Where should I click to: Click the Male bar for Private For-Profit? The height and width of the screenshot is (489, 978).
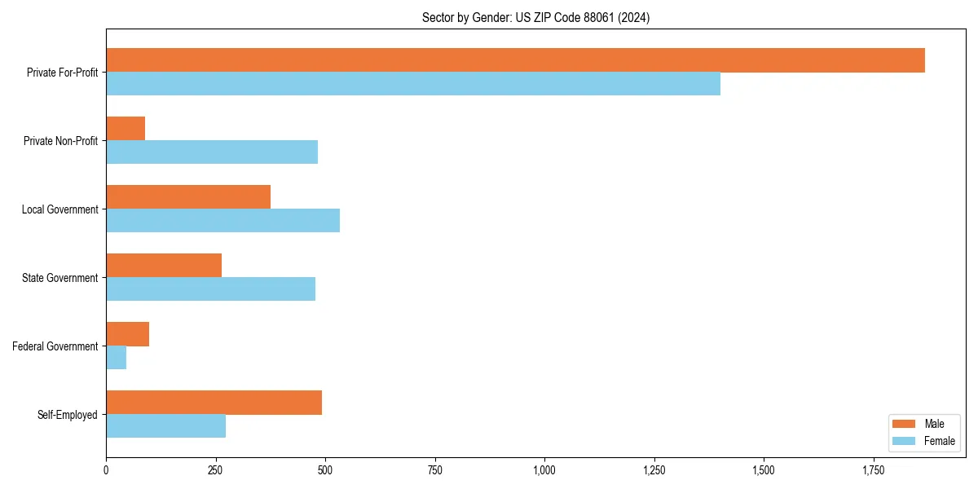tap(515, 60)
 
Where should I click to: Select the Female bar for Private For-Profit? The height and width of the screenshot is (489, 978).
tap(413, 84)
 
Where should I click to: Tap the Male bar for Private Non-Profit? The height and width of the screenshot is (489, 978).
tap(126, 129)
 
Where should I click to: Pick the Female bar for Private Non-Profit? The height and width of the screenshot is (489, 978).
tap(212, 152)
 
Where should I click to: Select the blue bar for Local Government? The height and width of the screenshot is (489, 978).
tap(222, 221)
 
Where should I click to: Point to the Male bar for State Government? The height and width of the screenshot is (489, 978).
tap(164, 266)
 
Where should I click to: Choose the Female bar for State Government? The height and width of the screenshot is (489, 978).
tap(210, 289)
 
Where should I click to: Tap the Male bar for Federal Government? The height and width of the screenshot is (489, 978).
tap(127, 334)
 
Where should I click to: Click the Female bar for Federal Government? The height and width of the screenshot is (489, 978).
tap(116, 358)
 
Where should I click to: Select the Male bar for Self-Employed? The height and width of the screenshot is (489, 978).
tap(214, 403)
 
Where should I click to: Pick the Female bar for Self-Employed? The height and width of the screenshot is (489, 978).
tap(165, 426)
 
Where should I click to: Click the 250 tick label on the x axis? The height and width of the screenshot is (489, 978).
tap(215, 470)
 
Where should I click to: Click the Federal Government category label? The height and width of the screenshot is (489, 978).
tap(55, 346)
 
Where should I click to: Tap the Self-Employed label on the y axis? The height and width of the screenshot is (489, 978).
tap(67, 415)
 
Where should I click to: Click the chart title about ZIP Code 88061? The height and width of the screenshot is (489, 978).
tap(535, 17)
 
